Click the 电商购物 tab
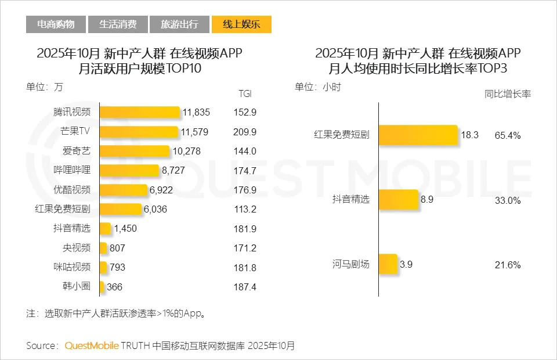pos(56,24)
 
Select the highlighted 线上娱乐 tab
pos(241,24)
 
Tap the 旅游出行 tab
pos(179,24)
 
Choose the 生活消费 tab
pos(118,24)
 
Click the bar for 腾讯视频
pos(139,112)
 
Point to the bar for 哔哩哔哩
pos(129,170)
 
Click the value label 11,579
pos(194,132)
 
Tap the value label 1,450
pos(125,229)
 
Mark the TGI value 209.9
pos(245,132)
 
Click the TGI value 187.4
pos(245,287)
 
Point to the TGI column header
pos(245,93)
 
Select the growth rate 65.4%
pos(508,135)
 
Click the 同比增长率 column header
pos(508,93)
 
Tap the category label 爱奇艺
pos(77,151)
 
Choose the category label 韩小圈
pos(77,287)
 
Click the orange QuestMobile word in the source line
pos(92,345)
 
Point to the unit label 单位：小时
pos(318,87)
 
